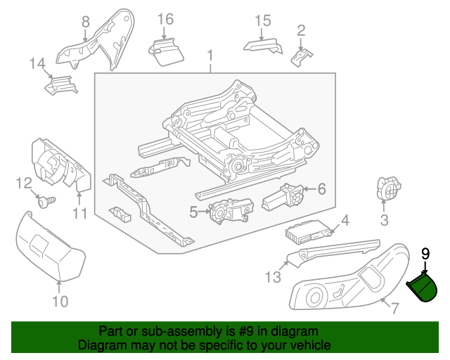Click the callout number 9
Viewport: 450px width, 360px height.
click(425, 254)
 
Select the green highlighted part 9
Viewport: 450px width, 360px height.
click(425, 288)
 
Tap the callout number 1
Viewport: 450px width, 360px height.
click(209, 55)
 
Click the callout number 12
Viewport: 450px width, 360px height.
click(25, 184)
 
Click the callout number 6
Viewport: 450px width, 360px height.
click(322, 188)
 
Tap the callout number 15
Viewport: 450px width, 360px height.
click(262, 20)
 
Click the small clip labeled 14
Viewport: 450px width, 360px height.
click(60, 86)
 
